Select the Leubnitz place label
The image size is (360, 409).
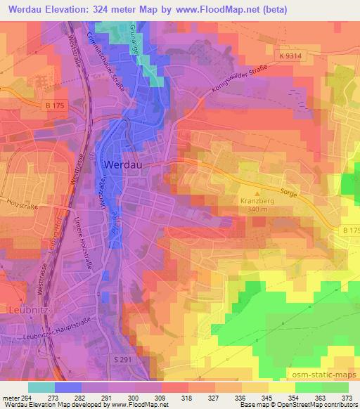coord(24,309)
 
